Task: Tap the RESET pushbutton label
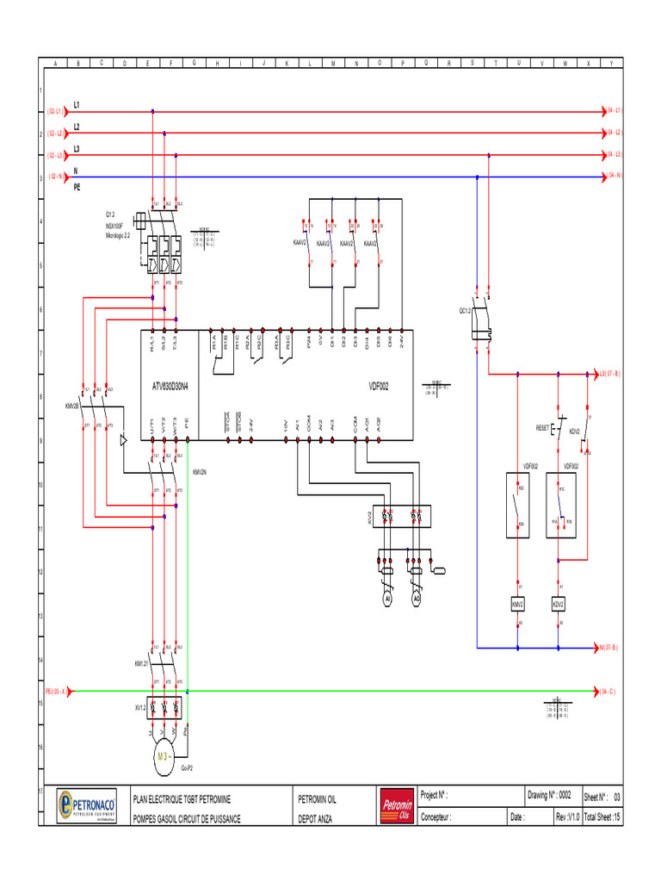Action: (x=542, y=427)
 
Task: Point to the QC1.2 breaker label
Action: (x=465, y=311)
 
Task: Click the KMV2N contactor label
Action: (x=199, y=472)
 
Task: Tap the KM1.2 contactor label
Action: (x=141, y=664)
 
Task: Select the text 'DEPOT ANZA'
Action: (x=314, y=817)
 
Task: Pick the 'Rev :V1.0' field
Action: (x=568, y=817)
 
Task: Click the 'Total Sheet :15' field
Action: (x=602, y=817)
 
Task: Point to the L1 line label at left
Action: (x=77, y=104)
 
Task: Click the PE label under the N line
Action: (x=77, y=184)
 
